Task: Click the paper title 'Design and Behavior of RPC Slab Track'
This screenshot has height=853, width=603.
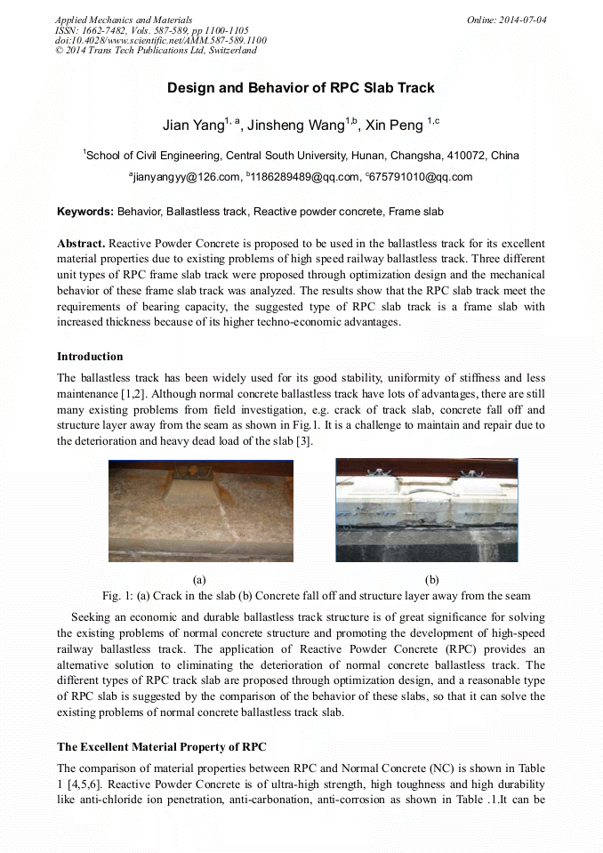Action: [x=301, y=88]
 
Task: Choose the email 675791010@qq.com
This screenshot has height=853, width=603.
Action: [x=422, y=177]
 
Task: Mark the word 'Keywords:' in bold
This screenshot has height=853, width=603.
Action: [x=85, y=212]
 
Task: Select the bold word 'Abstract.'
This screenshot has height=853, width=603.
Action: [x=82, y=243]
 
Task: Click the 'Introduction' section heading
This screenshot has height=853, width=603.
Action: [x=90, y=357]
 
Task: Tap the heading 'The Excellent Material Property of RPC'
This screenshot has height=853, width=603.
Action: [x=161, y=745]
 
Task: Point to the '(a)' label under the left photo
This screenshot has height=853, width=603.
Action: [x=201, y=579]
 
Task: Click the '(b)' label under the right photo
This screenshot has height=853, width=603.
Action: [x=432, y=579]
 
